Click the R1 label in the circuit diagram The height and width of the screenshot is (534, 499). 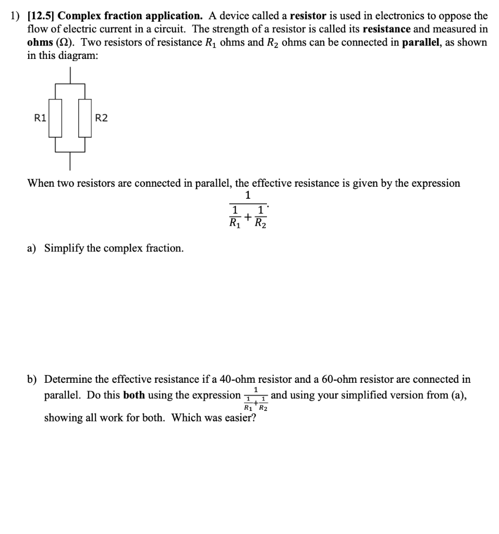click(x=39, y=118)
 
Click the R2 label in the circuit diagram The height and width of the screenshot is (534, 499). click(x=101, y=118)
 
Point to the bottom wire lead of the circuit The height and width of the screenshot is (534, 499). click(x=70, y=162)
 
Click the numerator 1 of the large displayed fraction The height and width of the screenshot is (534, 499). click(x=248, y=196)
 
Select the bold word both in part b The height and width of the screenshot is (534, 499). click(x=134, y=395)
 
